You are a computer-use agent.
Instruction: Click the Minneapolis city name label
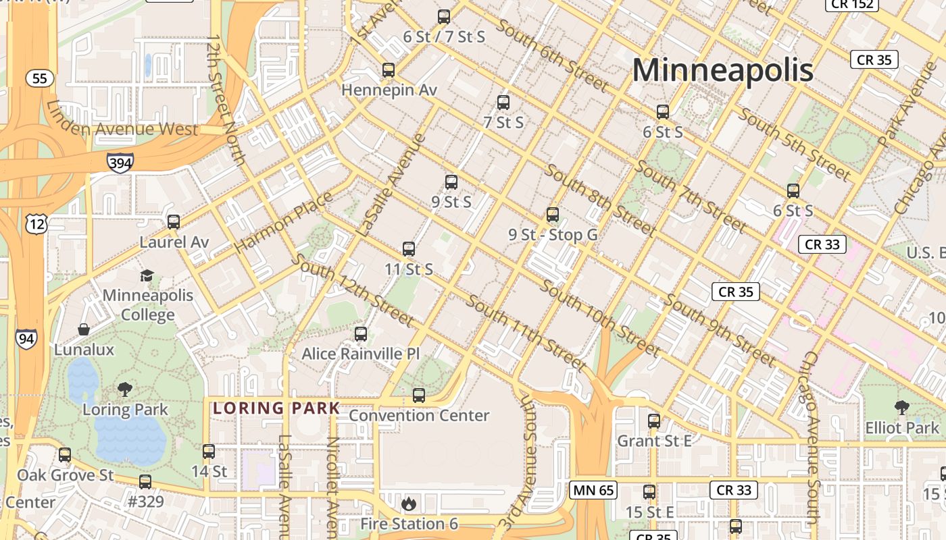tap(722, 70)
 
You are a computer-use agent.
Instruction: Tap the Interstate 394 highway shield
tap(120, 162)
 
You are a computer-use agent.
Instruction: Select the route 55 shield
tap(40, 78)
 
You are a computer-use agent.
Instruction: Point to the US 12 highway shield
tap(36, 223)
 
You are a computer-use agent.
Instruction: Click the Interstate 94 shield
tap(27, 337)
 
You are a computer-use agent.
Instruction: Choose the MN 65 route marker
tap(594, 490)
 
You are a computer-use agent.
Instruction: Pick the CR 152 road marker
tap(852, 5)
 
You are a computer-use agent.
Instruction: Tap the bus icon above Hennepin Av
tap(389, 70)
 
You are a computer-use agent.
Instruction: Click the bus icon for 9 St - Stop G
tap(553, 215)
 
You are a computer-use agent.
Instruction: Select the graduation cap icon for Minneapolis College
tap(147, 275)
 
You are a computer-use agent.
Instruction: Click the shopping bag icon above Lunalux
tap(84, 329)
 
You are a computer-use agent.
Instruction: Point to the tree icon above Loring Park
tap(124, 389)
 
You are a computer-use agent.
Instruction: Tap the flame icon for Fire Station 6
tap(408, 504)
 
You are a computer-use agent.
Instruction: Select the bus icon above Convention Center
tap(419, 395)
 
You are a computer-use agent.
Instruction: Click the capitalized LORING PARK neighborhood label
tap(276, 408)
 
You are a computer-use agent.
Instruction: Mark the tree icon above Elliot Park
tap(901, 407)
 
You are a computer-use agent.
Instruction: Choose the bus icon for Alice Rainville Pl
tap(361, 333)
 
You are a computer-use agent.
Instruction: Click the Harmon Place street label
tap(284, 223)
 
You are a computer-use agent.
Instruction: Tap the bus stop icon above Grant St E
tap(654, 421)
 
